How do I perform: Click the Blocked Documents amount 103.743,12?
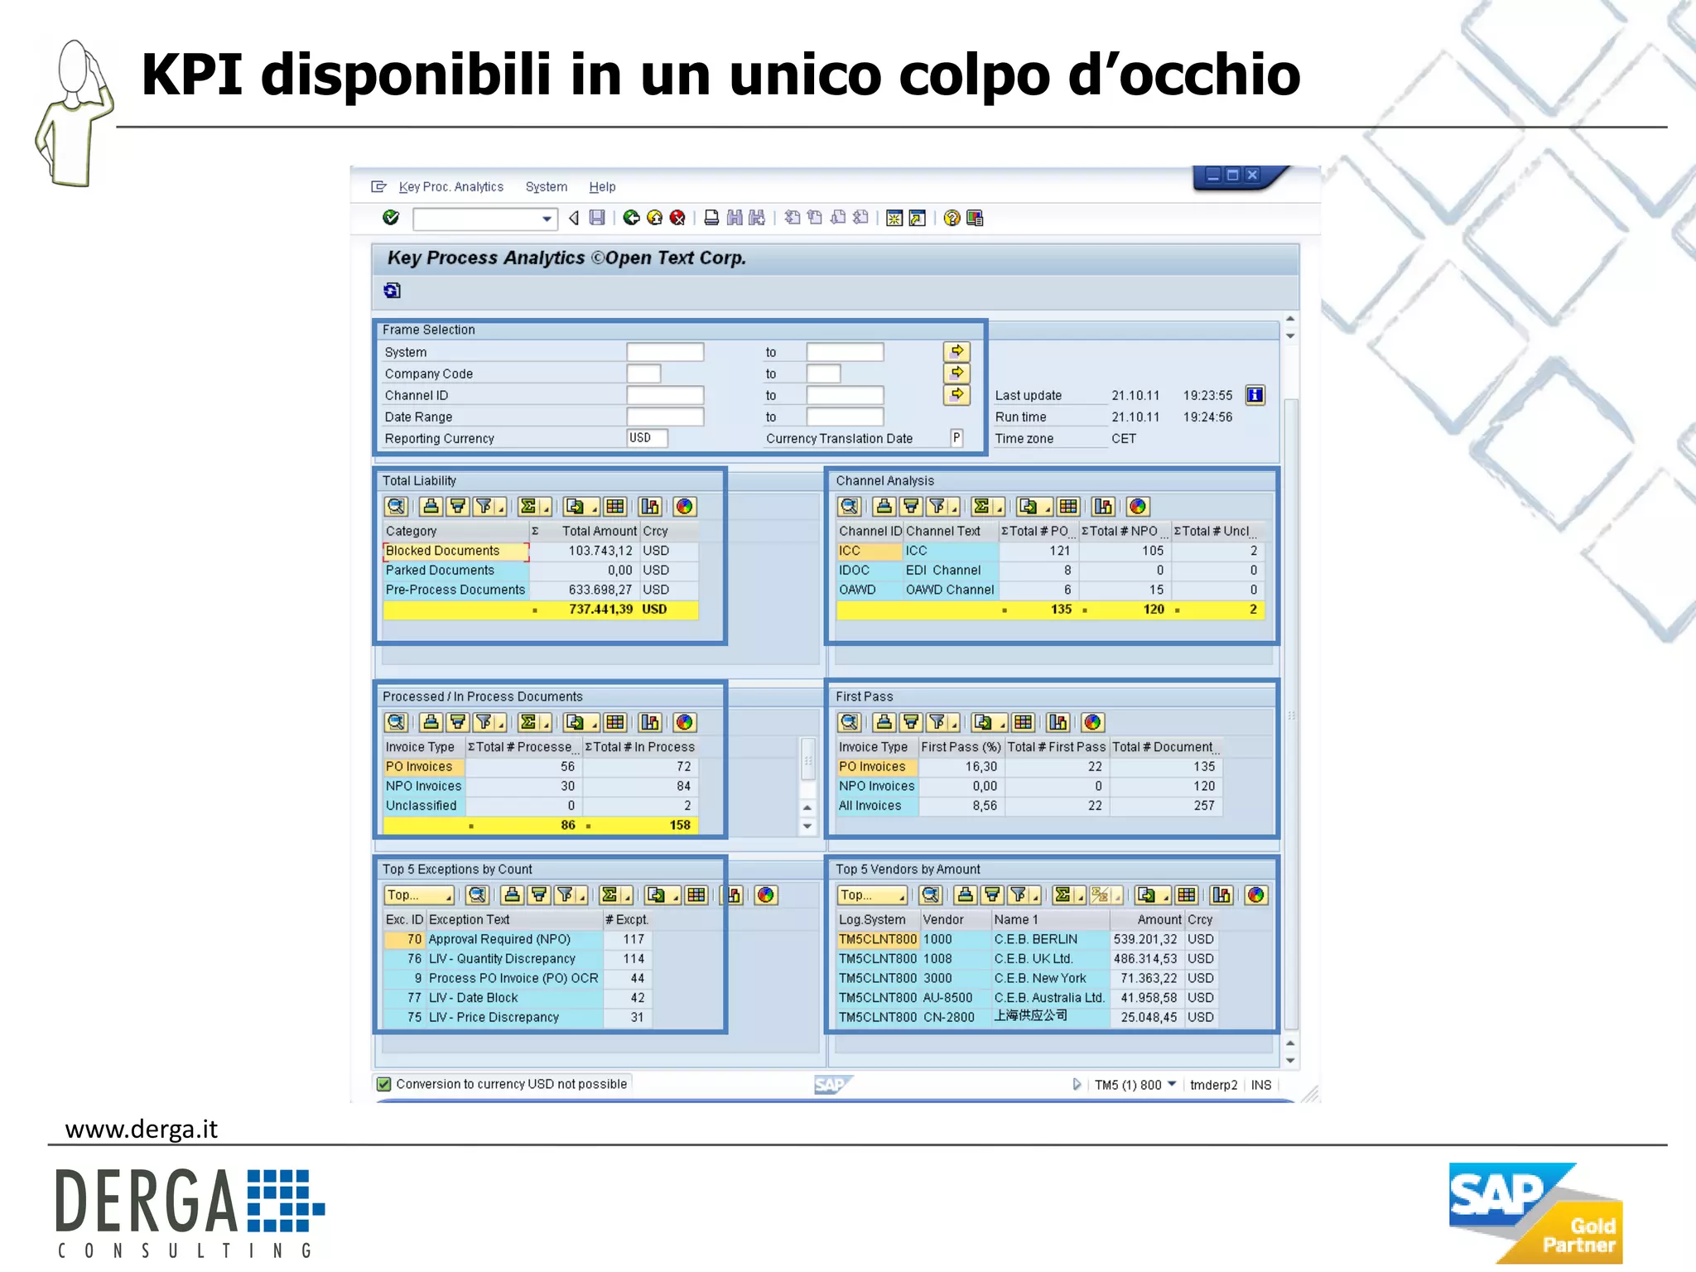click(600, 551)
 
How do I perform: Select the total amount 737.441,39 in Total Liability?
click(600, 609)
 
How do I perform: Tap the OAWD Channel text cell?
click(949, 590)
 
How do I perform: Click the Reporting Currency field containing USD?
click(647, 438)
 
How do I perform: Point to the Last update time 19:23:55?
click(1207, 396)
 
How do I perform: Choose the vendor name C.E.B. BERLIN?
click(1035, 939)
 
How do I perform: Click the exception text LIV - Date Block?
click(473, 998)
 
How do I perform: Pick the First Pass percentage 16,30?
click(980, 767)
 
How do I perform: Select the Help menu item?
click(602, 187)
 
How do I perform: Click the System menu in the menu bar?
click(546, 187)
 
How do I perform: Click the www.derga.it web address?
click(142, 1130)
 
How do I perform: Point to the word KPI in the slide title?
click(192, 75)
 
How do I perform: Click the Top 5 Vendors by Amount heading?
click(908, 870)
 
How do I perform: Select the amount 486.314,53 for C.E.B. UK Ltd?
click(1144, 959)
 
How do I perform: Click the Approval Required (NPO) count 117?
click(634, 939)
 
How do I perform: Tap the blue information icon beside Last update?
click(1255, 395)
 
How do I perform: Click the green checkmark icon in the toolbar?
click(391, 218)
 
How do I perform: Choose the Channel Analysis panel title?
click(884, 480)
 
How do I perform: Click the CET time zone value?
click(1124, 439)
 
